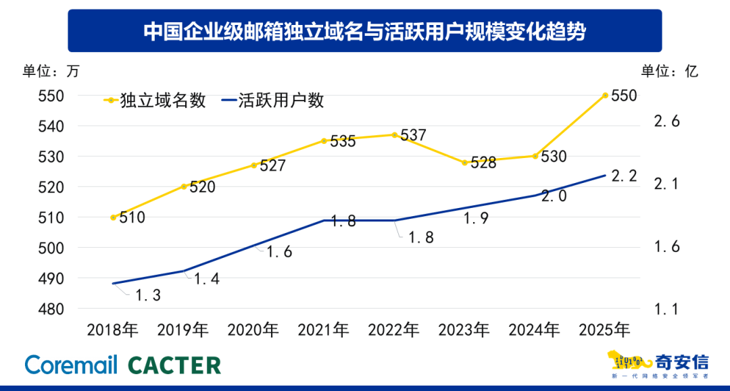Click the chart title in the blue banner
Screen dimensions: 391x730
[x=364, y=30]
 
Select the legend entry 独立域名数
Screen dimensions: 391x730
[x=155, y=101]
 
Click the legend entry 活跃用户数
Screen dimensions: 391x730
[x=274, y=101]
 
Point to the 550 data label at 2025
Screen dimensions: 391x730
[x=623, y=96]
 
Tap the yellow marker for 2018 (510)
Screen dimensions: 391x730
[x=113, y=217]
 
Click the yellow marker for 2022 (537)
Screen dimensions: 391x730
[x=395, y=135]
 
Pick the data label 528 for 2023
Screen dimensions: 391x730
[x=483, y=163]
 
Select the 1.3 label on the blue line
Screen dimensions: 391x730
[x=147, y=295]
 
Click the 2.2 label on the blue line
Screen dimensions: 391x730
[x=623, y=176]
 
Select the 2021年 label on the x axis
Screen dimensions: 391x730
[x=324, y=330]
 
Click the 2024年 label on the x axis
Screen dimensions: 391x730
[x=535, y=330]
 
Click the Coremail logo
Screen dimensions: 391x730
[x=72, y=365]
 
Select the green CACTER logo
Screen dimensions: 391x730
[x=174, y=365]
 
